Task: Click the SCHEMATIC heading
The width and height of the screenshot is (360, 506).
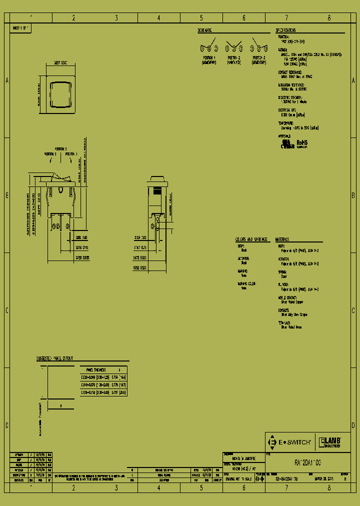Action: pos(205,30)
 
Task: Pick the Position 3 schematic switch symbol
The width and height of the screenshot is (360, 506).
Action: pos(259,48)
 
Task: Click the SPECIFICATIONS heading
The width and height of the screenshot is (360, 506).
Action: pos(292,30)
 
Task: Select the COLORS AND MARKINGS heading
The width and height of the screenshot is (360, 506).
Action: pos(251,239)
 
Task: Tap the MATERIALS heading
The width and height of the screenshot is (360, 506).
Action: pos(282,239)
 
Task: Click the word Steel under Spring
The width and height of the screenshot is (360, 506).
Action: pos(283,275)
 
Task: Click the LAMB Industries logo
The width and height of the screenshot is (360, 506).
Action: pos(330,442)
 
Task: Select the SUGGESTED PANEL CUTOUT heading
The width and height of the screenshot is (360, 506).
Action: pos(55,358)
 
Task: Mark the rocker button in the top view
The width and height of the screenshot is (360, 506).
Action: pos(58,92)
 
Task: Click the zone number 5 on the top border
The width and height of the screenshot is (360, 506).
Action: pos(201,18)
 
